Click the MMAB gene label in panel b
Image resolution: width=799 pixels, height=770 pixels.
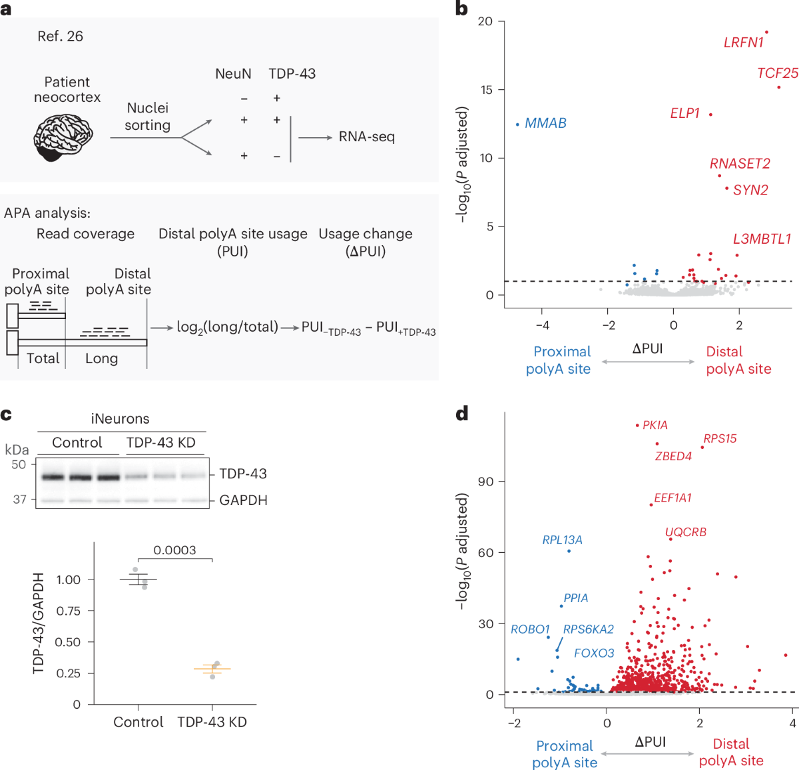tap(545, 123)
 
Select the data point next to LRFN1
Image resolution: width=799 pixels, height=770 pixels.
tap(766, 32)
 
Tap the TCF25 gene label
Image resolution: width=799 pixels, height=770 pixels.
tap(777, 73)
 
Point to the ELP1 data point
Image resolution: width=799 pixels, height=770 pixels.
tap(710, 115)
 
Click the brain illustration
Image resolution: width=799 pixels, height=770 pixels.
tap(63, 137)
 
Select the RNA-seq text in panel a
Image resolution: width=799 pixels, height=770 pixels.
tap(366, 137)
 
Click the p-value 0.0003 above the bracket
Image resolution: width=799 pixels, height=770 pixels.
tap(174, 550)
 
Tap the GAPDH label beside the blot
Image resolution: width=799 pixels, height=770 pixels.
tap(243, 500)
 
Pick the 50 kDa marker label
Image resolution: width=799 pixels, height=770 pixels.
tap(19, 464)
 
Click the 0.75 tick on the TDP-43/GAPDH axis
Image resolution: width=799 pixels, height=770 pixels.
tap(69, 611)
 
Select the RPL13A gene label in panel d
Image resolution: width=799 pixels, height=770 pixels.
tap(562, 540)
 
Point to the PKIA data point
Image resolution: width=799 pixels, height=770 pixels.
tap(637, 425)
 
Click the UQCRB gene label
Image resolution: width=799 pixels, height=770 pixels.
tap(686, 532)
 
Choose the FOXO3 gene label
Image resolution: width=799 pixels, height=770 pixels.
tap(594, 653)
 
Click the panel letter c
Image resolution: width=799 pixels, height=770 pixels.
tap(6, 414)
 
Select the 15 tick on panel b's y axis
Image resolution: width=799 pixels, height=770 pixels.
tap(486, 90)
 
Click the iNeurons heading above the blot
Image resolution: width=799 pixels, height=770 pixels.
tap(120, 418)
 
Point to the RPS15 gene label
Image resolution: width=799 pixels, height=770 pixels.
tap(720, 439)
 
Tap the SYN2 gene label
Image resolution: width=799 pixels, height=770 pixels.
tap(750, 190)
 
